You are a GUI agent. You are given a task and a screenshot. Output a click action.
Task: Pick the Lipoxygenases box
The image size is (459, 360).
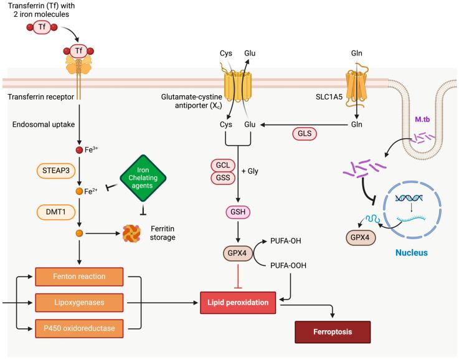coord(88,303)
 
